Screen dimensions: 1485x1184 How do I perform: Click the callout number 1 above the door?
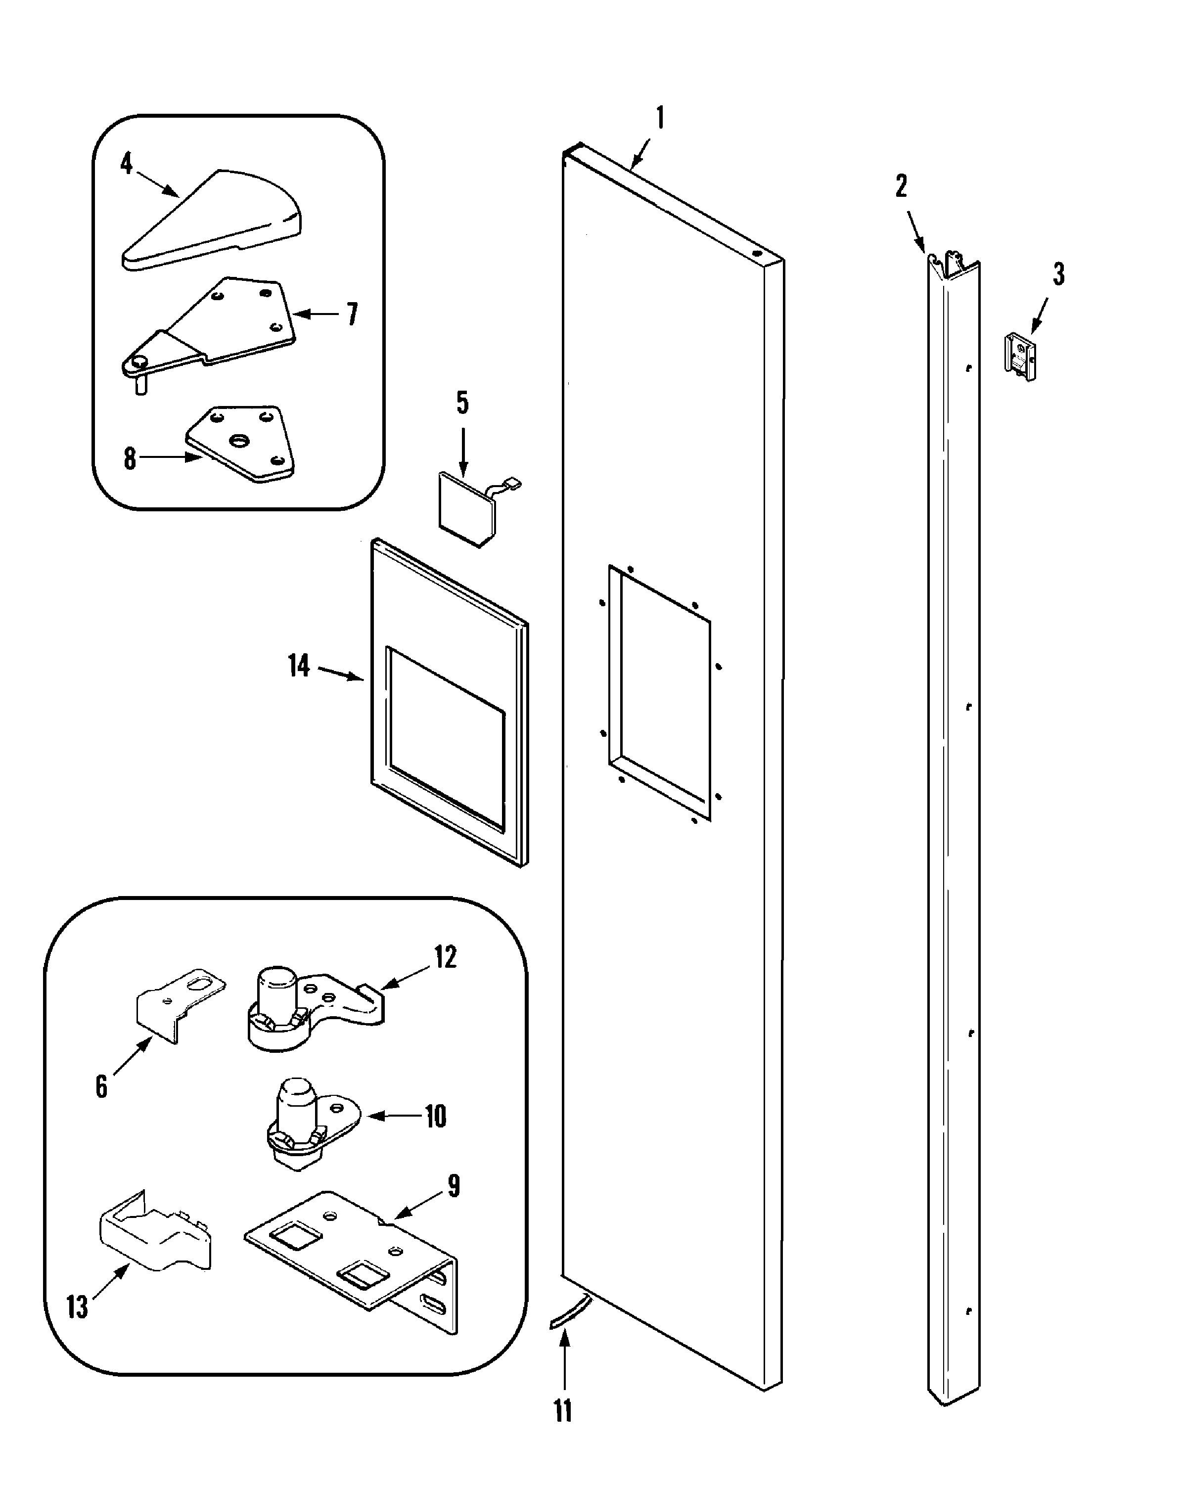pyautogui.click(x=660, y=119)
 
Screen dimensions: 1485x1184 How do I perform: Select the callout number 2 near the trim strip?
pyautogui.click(x=901, y=186)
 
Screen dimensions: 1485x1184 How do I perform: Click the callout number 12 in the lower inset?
pyautogui.click(x=445, y=957)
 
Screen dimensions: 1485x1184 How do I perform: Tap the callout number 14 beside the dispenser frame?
pyautogui.click(x=298, y=666)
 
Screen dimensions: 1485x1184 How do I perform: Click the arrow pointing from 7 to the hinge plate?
pyautogui.click(x=316, y=314)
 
